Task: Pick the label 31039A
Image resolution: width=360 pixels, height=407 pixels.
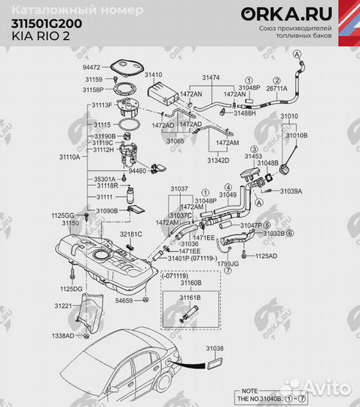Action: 291,191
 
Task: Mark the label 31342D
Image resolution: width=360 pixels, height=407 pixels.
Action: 219,160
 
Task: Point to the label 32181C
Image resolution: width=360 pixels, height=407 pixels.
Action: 130,234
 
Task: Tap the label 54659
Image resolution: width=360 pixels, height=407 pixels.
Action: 124,301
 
